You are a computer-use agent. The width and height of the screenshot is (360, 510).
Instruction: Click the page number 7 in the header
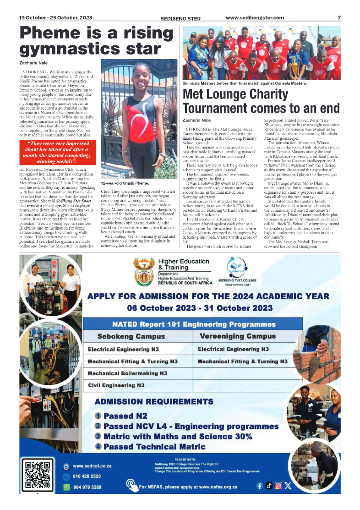[339, 18]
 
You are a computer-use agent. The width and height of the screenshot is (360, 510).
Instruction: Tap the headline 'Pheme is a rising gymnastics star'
[96, 41]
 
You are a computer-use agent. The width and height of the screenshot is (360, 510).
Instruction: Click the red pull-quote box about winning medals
[57, 153]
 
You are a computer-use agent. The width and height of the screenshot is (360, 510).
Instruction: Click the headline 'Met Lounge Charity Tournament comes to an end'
[261, 101]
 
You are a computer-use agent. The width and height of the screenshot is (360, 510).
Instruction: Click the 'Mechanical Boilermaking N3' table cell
[127, 373]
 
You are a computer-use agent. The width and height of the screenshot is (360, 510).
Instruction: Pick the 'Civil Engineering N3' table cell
[116, 385]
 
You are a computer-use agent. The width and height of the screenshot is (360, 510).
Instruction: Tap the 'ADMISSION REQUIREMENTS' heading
[153, 402]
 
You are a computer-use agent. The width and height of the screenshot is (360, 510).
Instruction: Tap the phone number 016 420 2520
[87, 476]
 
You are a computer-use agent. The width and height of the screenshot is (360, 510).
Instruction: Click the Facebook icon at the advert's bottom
[260, 486]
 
